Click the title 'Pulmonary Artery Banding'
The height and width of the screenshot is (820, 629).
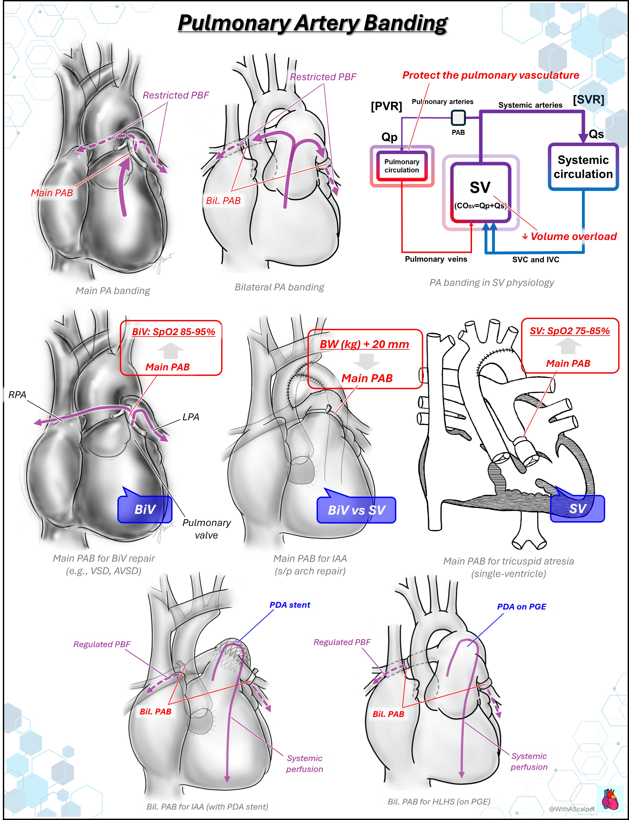[313, 23]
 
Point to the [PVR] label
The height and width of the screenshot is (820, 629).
[386, 106]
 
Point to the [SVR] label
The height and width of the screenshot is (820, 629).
[588, 100]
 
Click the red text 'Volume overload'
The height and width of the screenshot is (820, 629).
[574, 237]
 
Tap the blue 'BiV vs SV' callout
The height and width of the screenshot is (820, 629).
[356, 510]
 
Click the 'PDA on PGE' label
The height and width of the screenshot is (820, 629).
[521, 607]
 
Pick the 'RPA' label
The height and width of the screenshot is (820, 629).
[17, 395]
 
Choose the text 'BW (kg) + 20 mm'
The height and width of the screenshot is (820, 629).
[364, 344]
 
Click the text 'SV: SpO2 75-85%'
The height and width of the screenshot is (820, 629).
[570, 331]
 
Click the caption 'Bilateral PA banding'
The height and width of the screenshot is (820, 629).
[279, 287]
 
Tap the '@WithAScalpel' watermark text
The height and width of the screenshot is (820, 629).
[572, 809]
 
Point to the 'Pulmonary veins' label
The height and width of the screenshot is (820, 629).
[436, 259]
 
